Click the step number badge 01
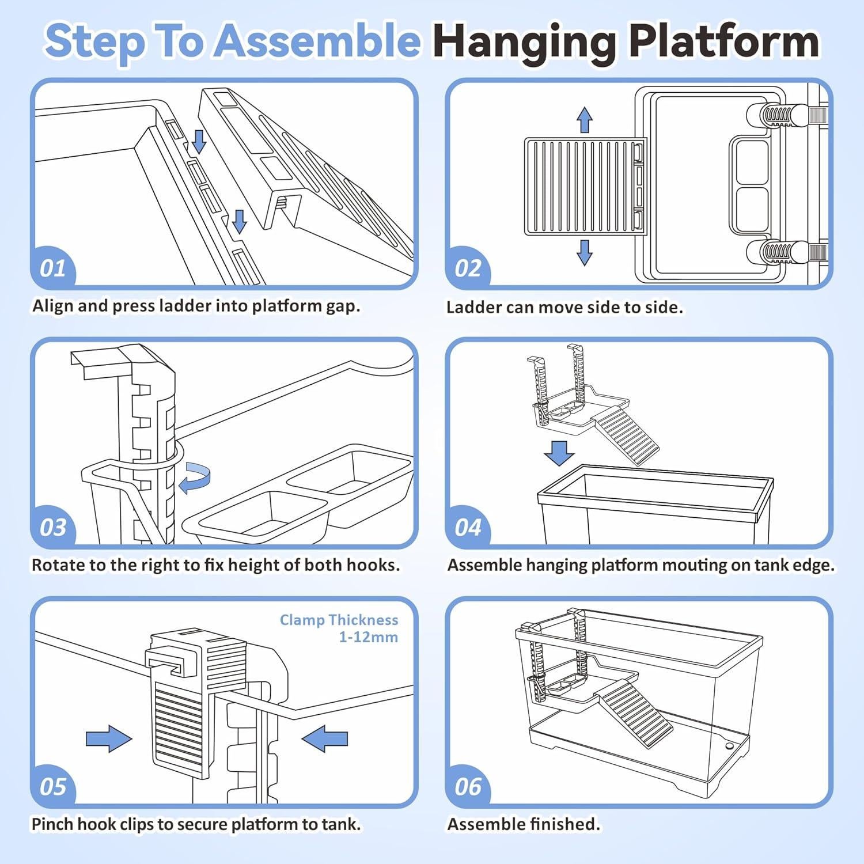[x=53, y=268]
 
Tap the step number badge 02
[x=468, y=268]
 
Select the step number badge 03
[x=53, y=528]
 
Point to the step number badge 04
[x=468, y=528]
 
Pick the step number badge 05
[x=53, y=787]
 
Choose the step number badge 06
[x=468, y=787]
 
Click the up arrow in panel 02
[x=585, y=119]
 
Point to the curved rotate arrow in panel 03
[x=195, y=480]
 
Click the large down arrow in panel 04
[x=559, y=453]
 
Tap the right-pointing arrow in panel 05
[x=108, y=738]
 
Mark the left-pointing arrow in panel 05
[x=325, y=738]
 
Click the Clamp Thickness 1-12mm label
[x=339, y=628]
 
